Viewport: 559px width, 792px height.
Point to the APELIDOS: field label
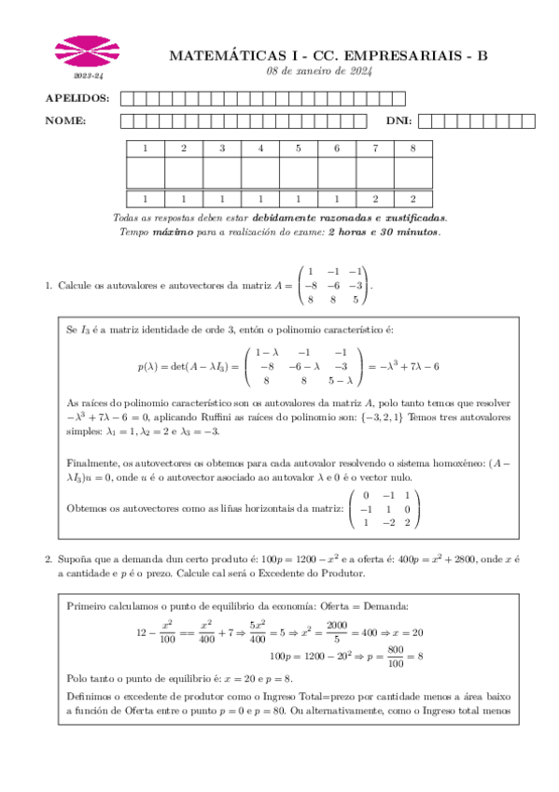coord(77,98)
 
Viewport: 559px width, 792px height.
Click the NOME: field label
coord(66,120)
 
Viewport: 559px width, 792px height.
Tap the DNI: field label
coord(399,120)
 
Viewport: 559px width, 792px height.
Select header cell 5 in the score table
coord(299,148)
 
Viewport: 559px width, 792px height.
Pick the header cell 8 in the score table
coord(413,148)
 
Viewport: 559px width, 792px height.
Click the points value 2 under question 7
coord(375,198)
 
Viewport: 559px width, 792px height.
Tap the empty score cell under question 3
coord(222,173)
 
